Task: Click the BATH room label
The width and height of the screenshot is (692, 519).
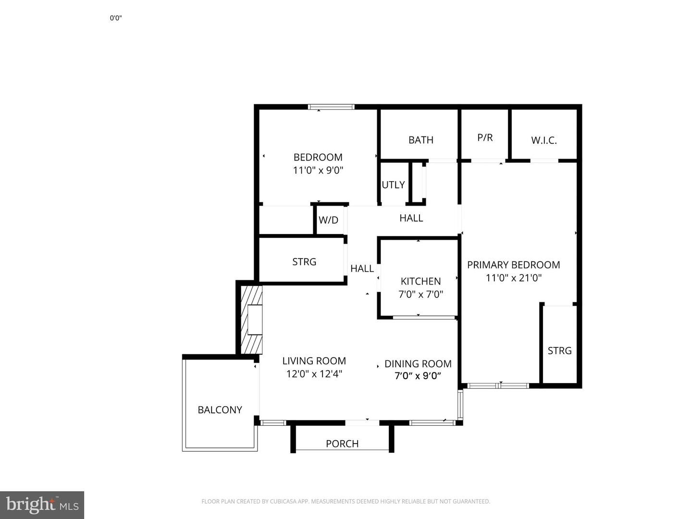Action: tap(420, 140)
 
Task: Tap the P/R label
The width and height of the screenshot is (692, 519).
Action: tap(485, 137)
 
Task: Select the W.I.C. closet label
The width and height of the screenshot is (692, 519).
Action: tap(544, 140)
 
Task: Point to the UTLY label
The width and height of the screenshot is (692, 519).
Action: tap(393, 185)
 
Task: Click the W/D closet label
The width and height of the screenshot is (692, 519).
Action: tap(328, 220)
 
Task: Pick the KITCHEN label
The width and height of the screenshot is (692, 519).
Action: tap(420, 281)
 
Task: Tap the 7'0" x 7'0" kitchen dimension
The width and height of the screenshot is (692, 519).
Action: tap(420, 294)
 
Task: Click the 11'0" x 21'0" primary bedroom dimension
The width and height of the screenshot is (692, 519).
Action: tap(513, 278)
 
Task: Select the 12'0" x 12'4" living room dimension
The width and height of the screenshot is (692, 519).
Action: tap(314, 374)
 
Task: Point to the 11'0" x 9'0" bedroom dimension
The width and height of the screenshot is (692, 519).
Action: tap(318, 170)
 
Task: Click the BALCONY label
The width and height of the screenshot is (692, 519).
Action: tap(220, 410)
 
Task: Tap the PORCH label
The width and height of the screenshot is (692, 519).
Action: tap(342, 444)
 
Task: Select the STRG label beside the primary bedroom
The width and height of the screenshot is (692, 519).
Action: tap(559, 351)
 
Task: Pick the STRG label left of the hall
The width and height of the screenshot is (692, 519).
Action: tap(304, 262)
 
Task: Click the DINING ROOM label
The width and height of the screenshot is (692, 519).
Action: tap(418, 364)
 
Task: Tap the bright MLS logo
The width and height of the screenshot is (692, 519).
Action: tap(42, 505)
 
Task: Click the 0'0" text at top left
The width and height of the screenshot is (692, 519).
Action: tap(116, 18)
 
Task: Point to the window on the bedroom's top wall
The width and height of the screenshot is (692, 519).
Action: tap(331, 107)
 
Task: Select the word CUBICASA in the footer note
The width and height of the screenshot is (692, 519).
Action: tap(282, 502)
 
